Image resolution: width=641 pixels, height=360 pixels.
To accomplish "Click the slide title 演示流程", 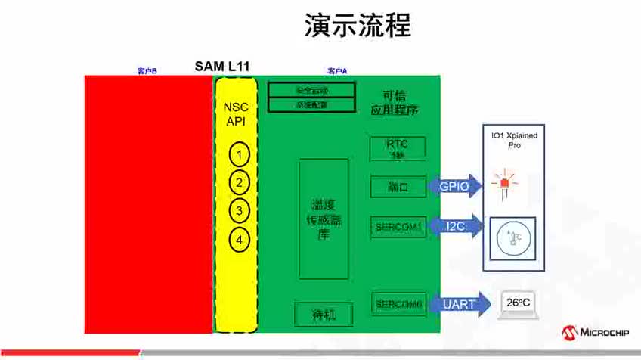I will pyautogui.click(x=358, y=25).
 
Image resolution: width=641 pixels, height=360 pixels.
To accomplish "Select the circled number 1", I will pyautogui.click(x=239, y=156).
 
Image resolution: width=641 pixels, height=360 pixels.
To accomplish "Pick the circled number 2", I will pyautogui.click(x=239, y=183).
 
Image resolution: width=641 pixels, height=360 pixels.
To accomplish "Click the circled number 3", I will pyautogui.click(x=239, y=211).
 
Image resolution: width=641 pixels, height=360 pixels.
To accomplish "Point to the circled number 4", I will pyautogui.click(x=239, y=240).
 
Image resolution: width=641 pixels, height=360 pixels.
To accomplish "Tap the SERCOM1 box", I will pyautogui.click(x=398, y=225).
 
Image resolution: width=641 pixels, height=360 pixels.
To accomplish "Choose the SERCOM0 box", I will pyautogui.click(x=398, y=304).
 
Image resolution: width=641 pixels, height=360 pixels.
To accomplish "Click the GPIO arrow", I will pyautogui.click(x=455, y=187).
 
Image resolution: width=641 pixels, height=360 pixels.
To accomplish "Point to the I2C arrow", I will pyautogui.click(x=455, y=226).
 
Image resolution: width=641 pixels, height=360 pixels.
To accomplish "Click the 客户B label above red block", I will pyautogui.click(x=147, y=71).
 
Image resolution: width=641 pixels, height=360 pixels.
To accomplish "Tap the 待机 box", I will pyautogui.click(x=324, y=314).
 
